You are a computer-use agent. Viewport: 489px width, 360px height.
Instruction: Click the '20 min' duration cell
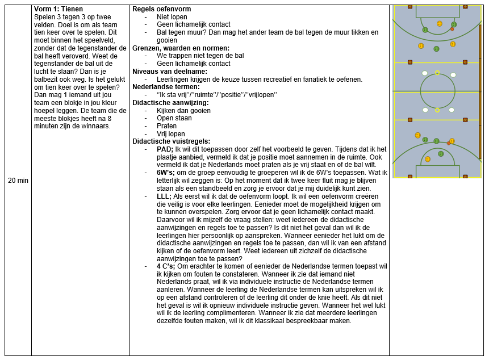click(18, 180)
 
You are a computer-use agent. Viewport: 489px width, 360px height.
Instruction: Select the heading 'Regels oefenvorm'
click(161, 9)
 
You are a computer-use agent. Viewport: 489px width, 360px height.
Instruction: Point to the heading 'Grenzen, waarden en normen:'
click(181, 48)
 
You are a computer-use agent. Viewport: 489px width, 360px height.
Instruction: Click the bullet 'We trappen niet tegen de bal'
click(200, 56)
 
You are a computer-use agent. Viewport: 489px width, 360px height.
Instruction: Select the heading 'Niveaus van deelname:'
click(169, 71)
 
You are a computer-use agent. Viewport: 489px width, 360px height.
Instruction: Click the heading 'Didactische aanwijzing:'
click(170, 102)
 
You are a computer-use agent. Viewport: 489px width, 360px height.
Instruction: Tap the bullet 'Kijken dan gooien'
click(183, 110)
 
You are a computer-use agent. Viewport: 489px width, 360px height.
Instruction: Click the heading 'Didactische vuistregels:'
click(172, 141)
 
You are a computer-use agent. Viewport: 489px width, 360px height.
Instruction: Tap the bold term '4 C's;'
click(166, 266)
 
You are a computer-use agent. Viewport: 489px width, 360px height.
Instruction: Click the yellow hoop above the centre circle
click(437, 73)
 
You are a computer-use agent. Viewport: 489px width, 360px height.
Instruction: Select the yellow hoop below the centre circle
click(437, 110)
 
